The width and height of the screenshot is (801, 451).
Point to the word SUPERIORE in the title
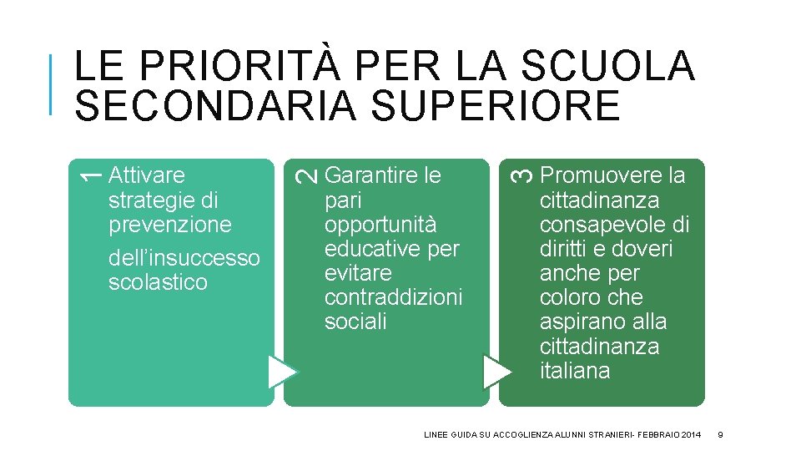pos(488,106)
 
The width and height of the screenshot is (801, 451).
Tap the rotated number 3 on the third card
pos(521,175)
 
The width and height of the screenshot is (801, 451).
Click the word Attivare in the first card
pos(147,175)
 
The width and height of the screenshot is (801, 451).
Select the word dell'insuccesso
pos(184,258)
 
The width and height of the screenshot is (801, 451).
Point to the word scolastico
pos(158,282)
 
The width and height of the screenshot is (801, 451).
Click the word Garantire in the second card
pos(371,175)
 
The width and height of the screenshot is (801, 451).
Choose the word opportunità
pos(380,225)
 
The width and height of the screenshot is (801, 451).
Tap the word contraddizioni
pos(393,298)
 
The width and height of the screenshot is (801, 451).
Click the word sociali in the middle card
pos(355,322)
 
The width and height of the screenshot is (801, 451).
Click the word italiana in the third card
pos(575,371)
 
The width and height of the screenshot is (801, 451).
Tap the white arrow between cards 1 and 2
pos(282,372)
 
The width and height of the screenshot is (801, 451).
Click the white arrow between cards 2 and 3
pos(497,372)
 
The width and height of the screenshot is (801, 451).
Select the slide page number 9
pos(720,434)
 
